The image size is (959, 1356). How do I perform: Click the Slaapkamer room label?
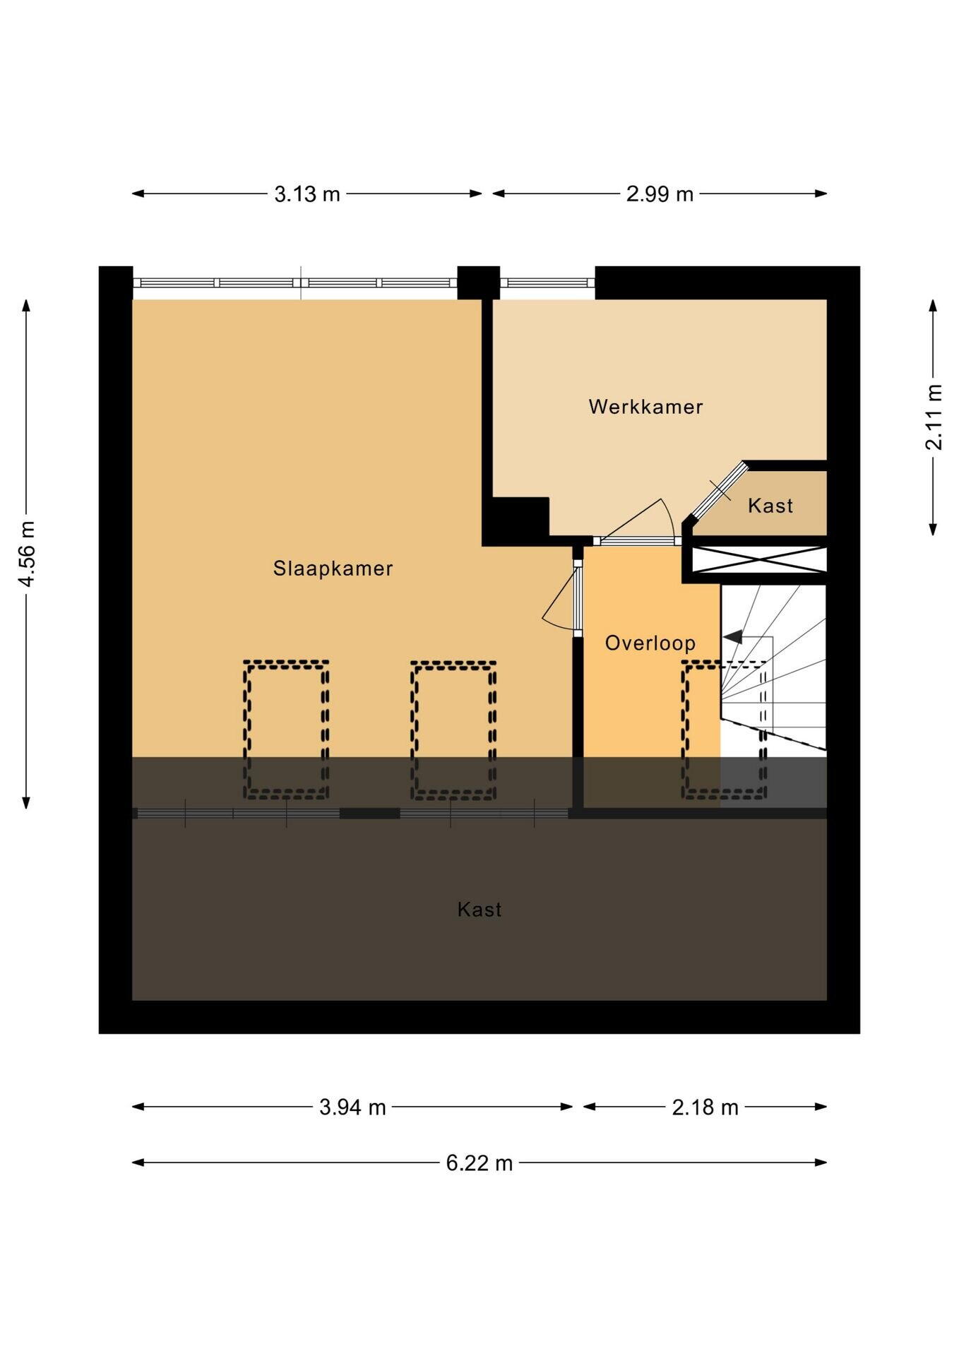coord(333,569)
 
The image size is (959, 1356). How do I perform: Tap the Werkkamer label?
coord(645,407)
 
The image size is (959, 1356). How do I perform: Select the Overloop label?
coord(650,643)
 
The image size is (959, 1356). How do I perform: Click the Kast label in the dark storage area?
coord(480,909)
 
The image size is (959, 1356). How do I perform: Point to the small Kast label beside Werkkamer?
coord(770,506)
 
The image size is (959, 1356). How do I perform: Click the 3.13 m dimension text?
coord(307,194)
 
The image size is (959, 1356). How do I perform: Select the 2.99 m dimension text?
coord(660,194)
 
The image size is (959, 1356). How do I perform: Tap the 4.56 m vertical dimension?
coord(26,554)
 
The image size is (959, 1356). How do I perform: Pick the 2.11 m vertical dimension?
coord(934,417)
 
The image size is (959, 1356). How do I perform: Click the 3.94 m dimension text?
coord(352,1107)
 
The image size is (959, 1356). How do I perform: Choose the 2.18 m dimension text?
coord(705,1107)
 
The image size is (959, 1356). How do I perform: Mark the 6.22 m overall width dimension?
coord(480,1162)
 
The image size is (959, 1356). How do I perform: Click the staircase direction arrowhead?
coord(732,637)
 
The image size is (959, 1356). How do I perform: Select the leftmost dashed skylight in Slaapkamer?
coord(287,730)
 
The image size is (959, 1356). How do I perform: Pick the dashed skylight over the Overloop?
coord(725,730)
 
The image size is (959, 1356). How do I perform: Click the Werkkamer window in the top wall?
coord(547,282)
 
